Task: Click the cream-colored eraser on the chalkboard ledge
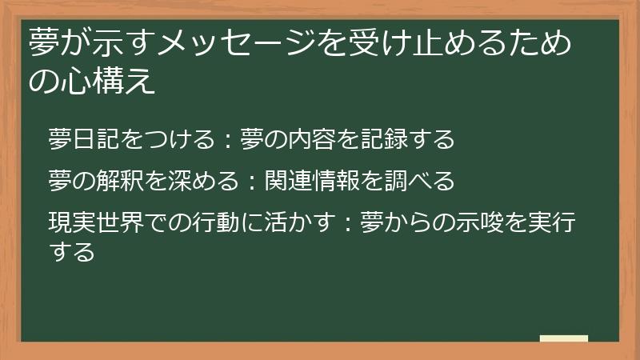pos(563,339)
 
